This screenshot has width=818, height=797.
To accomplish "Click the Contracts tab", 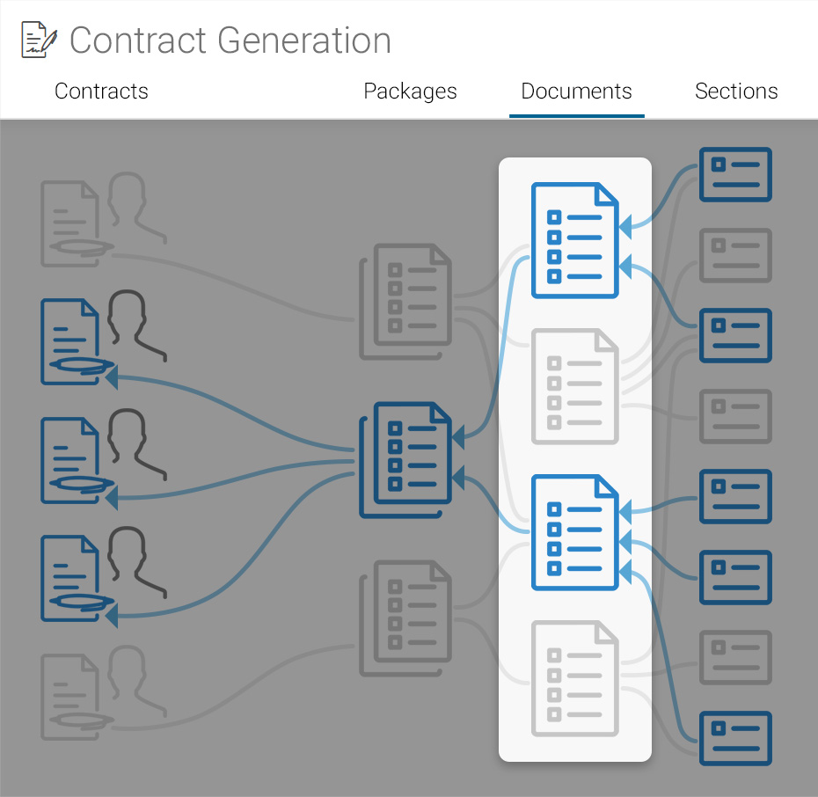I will (101, 91).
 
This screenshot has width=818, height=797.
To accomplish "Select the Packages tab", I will (410, 91).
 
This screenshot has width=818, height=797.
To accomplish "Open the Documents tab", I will (576, 91).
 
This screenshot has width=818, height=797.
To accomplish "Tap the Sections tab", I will (736, 91).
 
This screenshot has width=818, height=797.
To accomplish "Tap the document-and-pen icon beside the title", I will (39, 41).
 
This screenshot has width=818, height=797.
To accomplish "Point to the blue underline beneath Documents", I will (576, 115).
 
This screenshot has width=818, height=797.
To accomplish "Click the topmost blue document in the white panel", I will (575, 240).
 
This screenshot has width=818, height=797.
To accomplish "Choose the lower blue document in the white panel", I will (575, 532).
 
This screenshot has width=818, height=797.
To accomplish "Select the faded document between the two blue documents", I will (575, 386).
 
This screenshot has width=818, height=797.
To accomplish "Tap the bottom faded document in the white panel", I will (575, 678).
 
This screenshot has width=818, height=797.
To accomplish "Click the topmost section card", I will (735, 174).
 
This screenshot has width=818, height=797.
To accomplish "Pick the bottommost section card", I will (735, 738).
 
